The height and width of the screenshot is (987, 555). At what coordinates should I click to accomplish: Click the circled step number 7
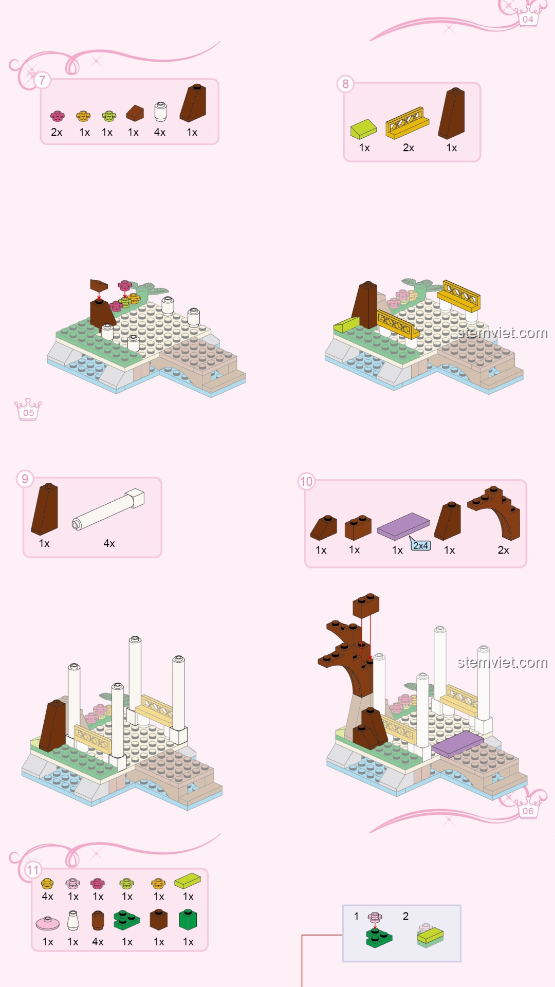42,80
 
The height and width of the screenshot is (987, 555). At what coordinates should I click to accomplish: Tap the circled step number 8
345,84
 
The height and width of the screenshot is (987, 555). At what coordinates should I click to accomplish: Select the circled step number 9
25,479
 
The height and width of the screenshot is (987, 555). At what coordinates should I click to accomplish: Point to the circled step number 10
306,482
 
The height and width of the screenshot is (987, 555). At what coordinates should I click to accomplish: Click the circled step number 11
33,870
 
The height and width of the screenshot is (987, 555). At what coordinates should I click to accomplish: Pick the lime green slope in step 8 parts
363,129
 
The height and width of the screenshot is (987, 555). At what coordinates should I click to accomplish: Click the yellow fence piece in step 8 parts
408,123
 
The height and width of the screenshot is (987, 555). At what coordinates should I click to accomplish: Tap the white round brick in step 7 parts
160,112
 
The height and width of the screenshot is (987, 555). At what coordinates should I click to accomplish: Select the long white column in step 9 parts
108,509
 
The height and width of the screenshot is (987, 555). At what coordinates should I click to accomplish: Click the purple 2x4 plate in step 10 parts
403,526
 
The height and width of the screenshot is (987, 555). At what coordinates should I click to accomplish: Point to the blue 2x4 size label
421,545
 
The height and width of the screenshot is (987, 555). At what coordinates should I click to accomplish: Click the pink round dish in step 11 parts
48,924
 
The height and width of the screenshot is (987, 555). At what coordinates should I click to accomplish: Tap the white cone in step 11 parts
73,921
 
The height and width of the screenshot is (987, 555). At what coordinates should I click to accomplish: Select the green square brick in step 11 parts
188,920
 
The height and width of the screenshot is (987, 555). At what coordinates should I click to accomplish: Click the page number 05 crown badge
28,410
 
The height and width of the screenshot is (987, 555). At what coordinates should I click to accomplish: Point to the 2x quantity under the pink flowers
57,132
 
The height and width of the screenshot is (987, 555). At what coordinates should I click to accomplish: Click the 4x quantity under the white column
109,543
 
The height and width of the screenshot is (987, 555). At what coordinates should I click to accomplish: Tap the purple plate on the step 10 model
457,744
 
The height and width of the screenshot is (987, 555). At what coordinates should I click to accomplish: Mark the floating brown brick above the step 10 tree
366,606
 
